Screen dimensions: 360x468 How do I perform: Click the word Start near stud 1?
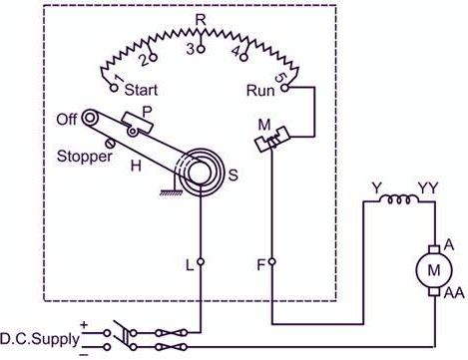click(x=142, y=89)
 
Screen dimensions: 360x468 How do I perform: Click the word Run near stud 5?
click(x=260, y=89)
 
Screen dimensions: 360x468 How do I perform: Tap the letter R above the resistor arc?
click(x=201, y=19)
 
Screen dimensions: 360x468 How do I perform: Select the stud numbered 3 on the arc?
click(x=201, y=47)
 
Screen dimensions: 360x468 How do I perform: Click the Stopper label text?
click(x=84, y=156)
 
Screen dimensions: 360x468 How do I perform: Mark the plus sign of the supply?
click(x=84, y=325)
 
